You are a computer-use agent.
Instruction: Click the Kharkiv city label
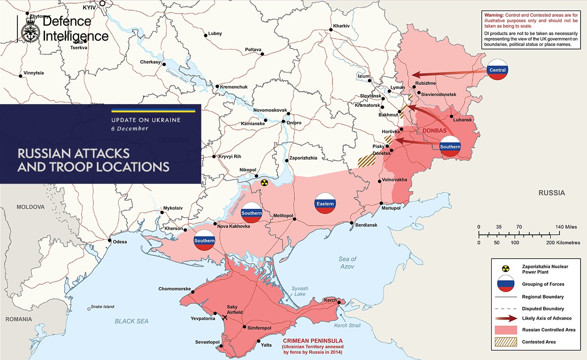coord(342,25)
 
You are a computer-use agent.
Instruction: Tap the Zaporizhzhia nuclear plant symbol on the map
coord(264,183)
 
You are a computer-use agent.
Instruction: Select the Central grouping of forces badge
coord(498,70)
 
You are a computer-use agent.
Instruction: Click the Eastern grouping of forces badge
coord(325,203)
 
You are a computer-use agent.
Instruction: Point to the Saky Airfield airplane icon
coord(225,317)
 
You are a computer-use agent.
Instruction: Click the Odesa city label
coord(120,242)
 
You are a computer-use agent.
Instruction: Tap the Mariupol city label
coord(391,208)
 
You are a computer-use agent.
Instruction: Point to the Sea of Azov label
coord(347,262)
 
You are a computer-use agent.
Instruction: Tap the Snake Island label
coord(102,307)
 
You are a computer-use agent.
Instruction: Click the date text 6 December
coord(130,128)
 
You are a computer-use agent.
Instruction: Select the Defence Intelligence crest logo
coord(31,29)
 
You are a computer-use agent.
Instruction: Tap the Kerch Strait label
coord(347,326)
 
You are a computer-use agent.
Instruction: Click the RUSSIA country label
coord(552,193)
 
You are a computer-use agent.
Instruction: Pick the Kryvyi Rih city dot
coord(214,157)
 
